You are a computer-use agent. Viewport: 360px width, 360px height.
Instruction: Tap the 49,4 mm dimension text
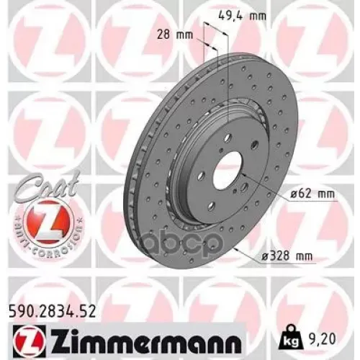coord(236,13)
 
